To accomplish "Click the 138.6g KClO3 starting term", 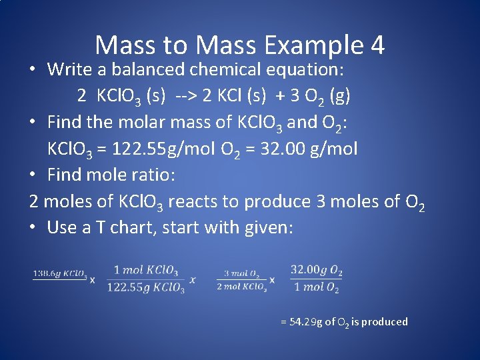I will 60,273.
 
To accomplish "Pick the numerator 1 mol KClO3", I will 145,270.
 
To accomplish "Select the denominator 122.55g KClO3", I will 145,288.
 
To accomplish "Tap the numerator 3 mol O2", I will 241,273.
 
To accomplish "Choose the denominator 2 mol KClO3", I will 241,287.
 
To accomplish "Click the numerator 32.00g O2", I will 317,270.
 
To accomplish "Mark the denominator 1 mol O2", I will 317,288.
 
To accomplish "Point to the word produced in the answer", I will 385,322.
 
